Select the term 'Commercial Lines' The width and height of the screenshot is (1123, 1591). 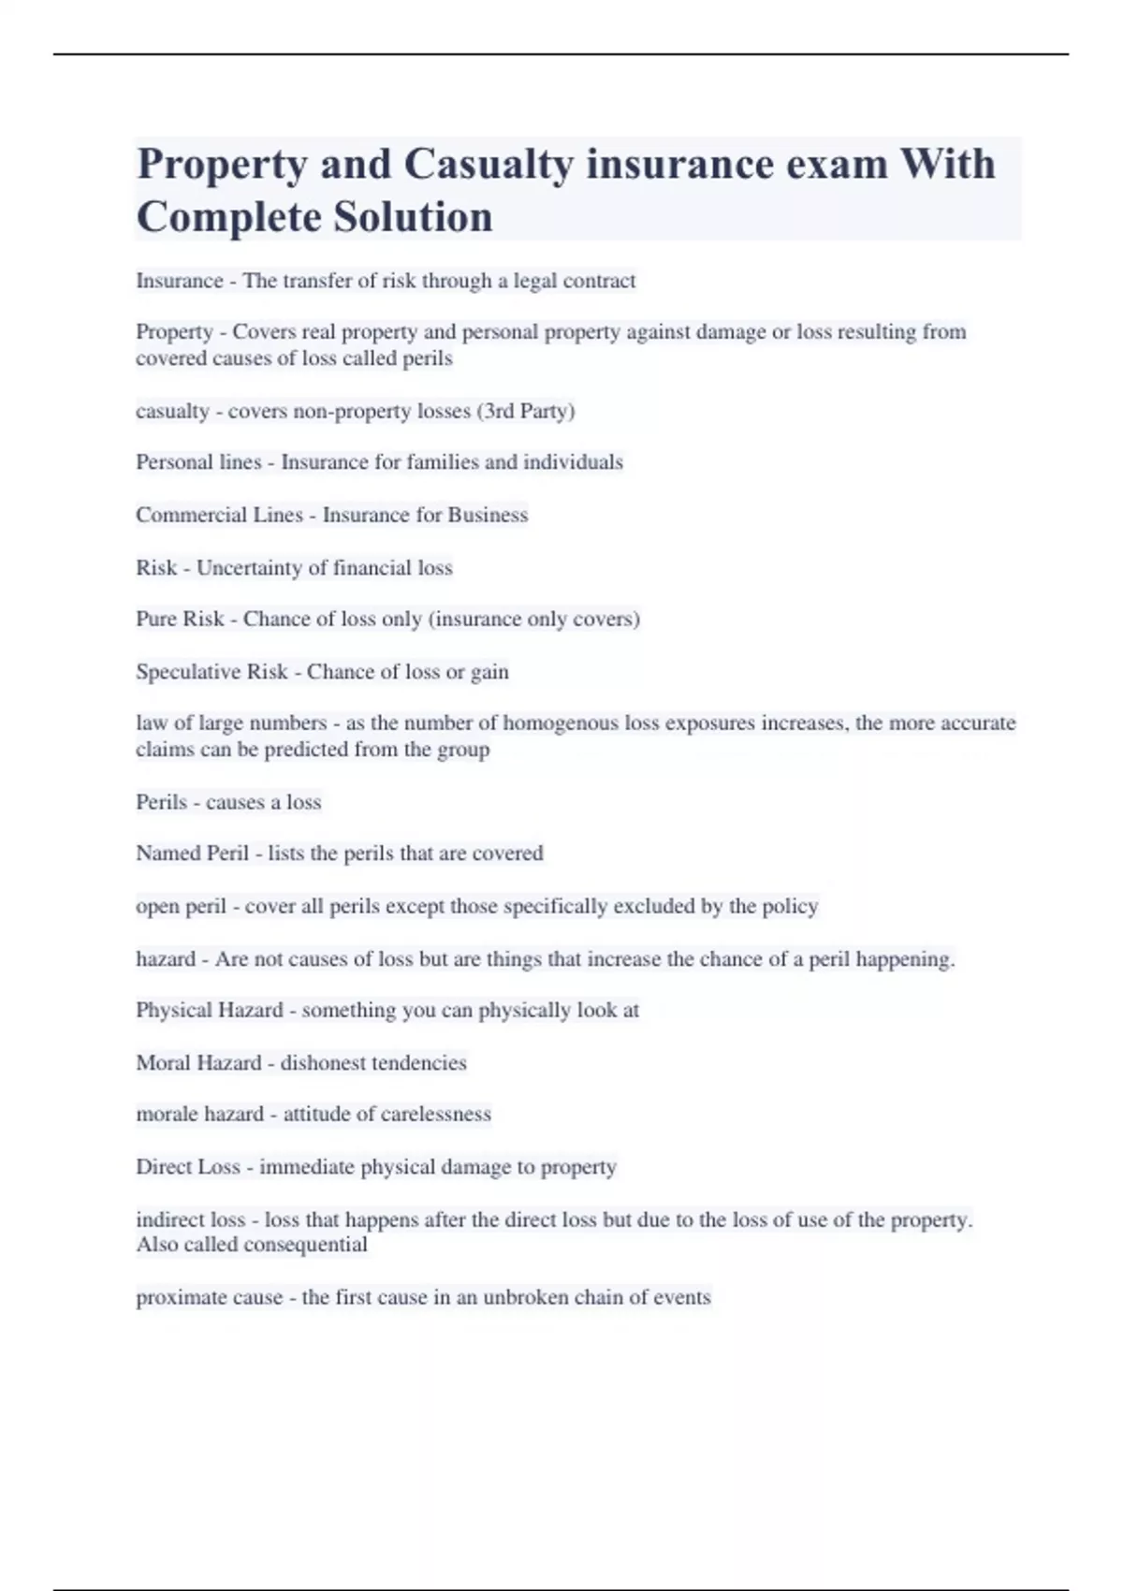(219, 515)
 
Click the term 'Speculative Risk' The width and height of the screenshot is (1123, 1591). (211, 672)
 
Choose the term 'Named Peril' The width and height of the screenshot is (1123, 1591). (192, 854)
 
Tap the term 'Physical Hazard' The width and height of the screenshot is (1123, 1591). (209, 1011)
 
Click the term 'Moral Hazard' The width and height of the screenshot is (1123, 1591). (198, 1063)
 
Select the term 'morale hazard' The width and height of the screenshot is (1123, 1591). (199, 1115)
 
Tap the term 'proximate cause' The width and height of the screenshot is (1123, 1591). (209, 1298)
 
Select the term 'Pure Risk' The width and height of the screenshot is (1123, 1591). (180, 620)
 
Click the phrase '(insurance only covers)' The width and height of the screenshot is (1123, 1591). (533, 620)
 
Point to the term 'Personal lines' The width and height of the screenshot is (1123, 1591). (198, 462)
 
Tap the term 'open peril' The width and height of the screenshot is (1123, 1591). (181, 907)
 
